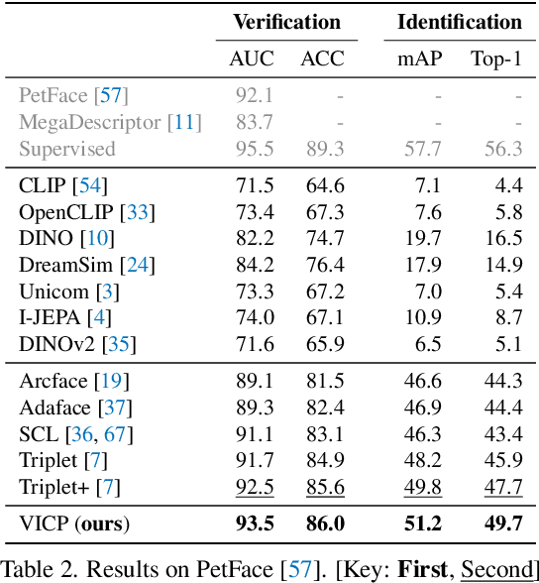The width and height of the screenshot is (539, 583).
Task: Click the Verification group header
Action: tap(286, 22)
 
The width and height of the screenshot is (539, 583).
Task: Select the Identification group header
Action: tap(460, 22)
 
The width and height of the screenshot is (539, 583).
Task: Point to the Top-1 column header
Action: tap(495, 58)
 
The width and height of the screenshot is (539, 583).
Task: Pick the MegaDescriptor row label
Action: tap(110, 122)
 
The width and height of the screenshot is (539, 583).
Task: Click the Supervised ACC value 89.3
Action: tap(322, 149)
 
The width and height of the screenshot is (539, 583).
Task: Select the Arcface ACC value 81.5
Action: tap(322, 380)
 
